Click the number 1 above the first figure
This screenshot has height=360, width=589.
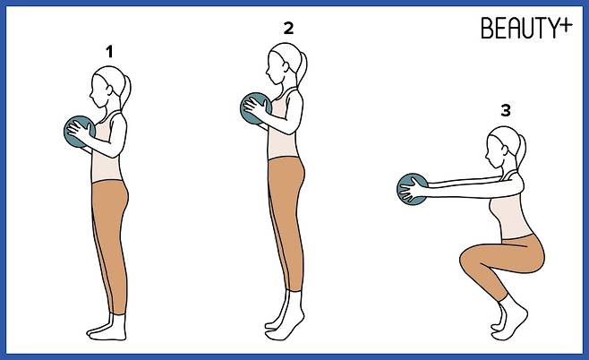(109, 51)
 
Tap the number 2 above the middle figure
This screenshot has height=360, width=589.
(288, 29)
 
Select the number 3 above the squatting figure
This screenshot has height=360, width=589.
(506, 110)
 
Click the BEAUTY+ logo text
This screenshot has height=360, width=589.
(526, 28)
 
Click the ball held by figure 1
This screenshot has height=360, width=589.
(79, 132)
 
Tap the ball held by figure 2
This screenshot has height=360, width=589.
(255, 108)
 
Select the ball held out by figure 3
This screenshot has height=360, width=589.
(413, 189)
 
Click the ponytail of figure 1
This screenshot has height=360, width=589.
(126, 91)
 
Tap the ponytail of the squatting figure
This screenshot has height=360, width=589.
(521, 151)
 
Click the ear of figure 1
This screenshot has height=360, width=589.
(109, 90)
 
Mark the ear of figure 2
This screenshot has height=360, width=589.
(286, 67)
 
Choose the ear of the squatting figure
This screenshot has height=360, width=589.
(505, 150)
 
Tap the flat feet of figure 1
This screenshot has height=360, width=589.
(107, 331)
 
